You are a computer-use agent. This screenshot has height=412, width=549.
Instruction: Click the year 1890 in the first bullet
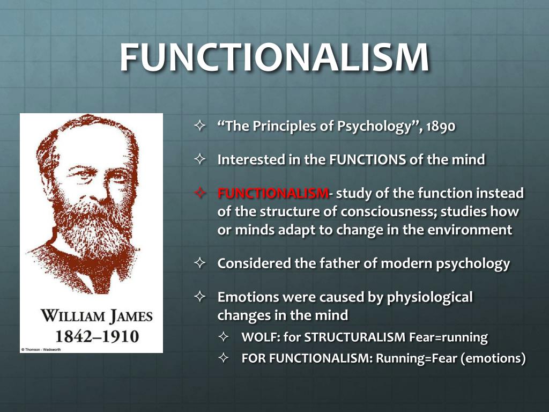coord(440,128)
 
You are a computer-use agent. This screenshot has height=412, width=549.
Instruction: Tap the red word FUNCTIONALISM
coord(272,194)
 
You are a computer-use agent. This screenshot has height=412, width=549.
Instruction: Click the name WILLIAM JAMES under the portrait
coord(92,315)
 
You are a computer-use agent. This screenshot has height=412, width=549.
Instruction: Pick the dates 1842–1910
coord(92,337)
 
